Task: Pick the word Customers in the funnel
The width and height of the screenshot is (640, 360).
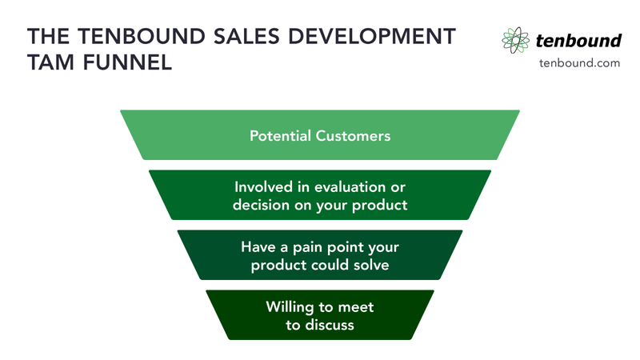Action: coord(354,135)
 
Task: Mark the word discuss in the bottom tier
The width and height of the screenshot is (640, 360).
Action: coord(330,326)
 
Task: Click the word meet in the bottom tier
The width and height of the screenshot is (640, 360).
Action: coord(358,307)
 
